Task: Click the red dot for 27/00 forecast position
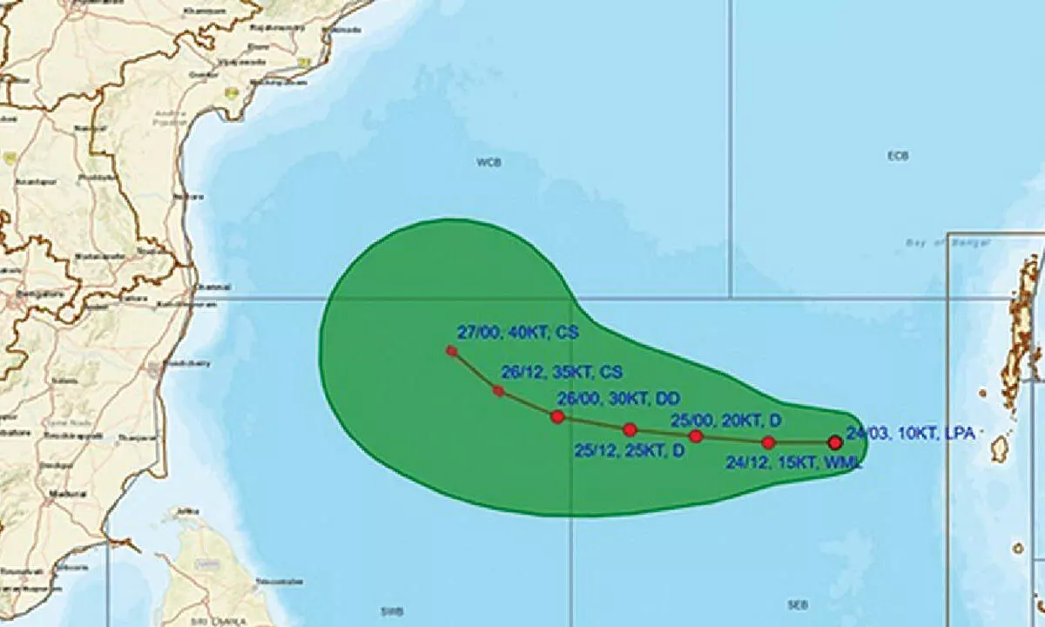(x=451, y=351)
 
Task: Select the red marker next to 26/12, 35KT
(x=498, y=391)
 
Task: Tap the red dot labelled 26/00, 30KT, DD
(x=557, y=416)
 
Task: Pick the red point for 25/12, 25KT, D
(x=630, y=429)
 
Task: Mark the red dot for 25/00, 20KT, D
(x=695, y=435)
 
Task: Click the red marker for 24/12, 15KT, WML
(x=768, y=442)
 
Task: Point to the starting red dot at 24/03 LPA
(x=835, y=442)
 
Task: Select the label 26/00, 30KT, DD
(x=618, y=398)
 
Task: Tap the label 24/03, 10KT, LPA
(x=909, y=432)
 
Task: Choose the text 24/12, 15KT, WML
(x=793, y=463)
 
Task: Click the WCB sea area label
(x=489, y=162)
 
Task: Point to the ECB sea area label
(x=898, y=156)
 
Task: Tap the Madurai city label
(x=73, y=494)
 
